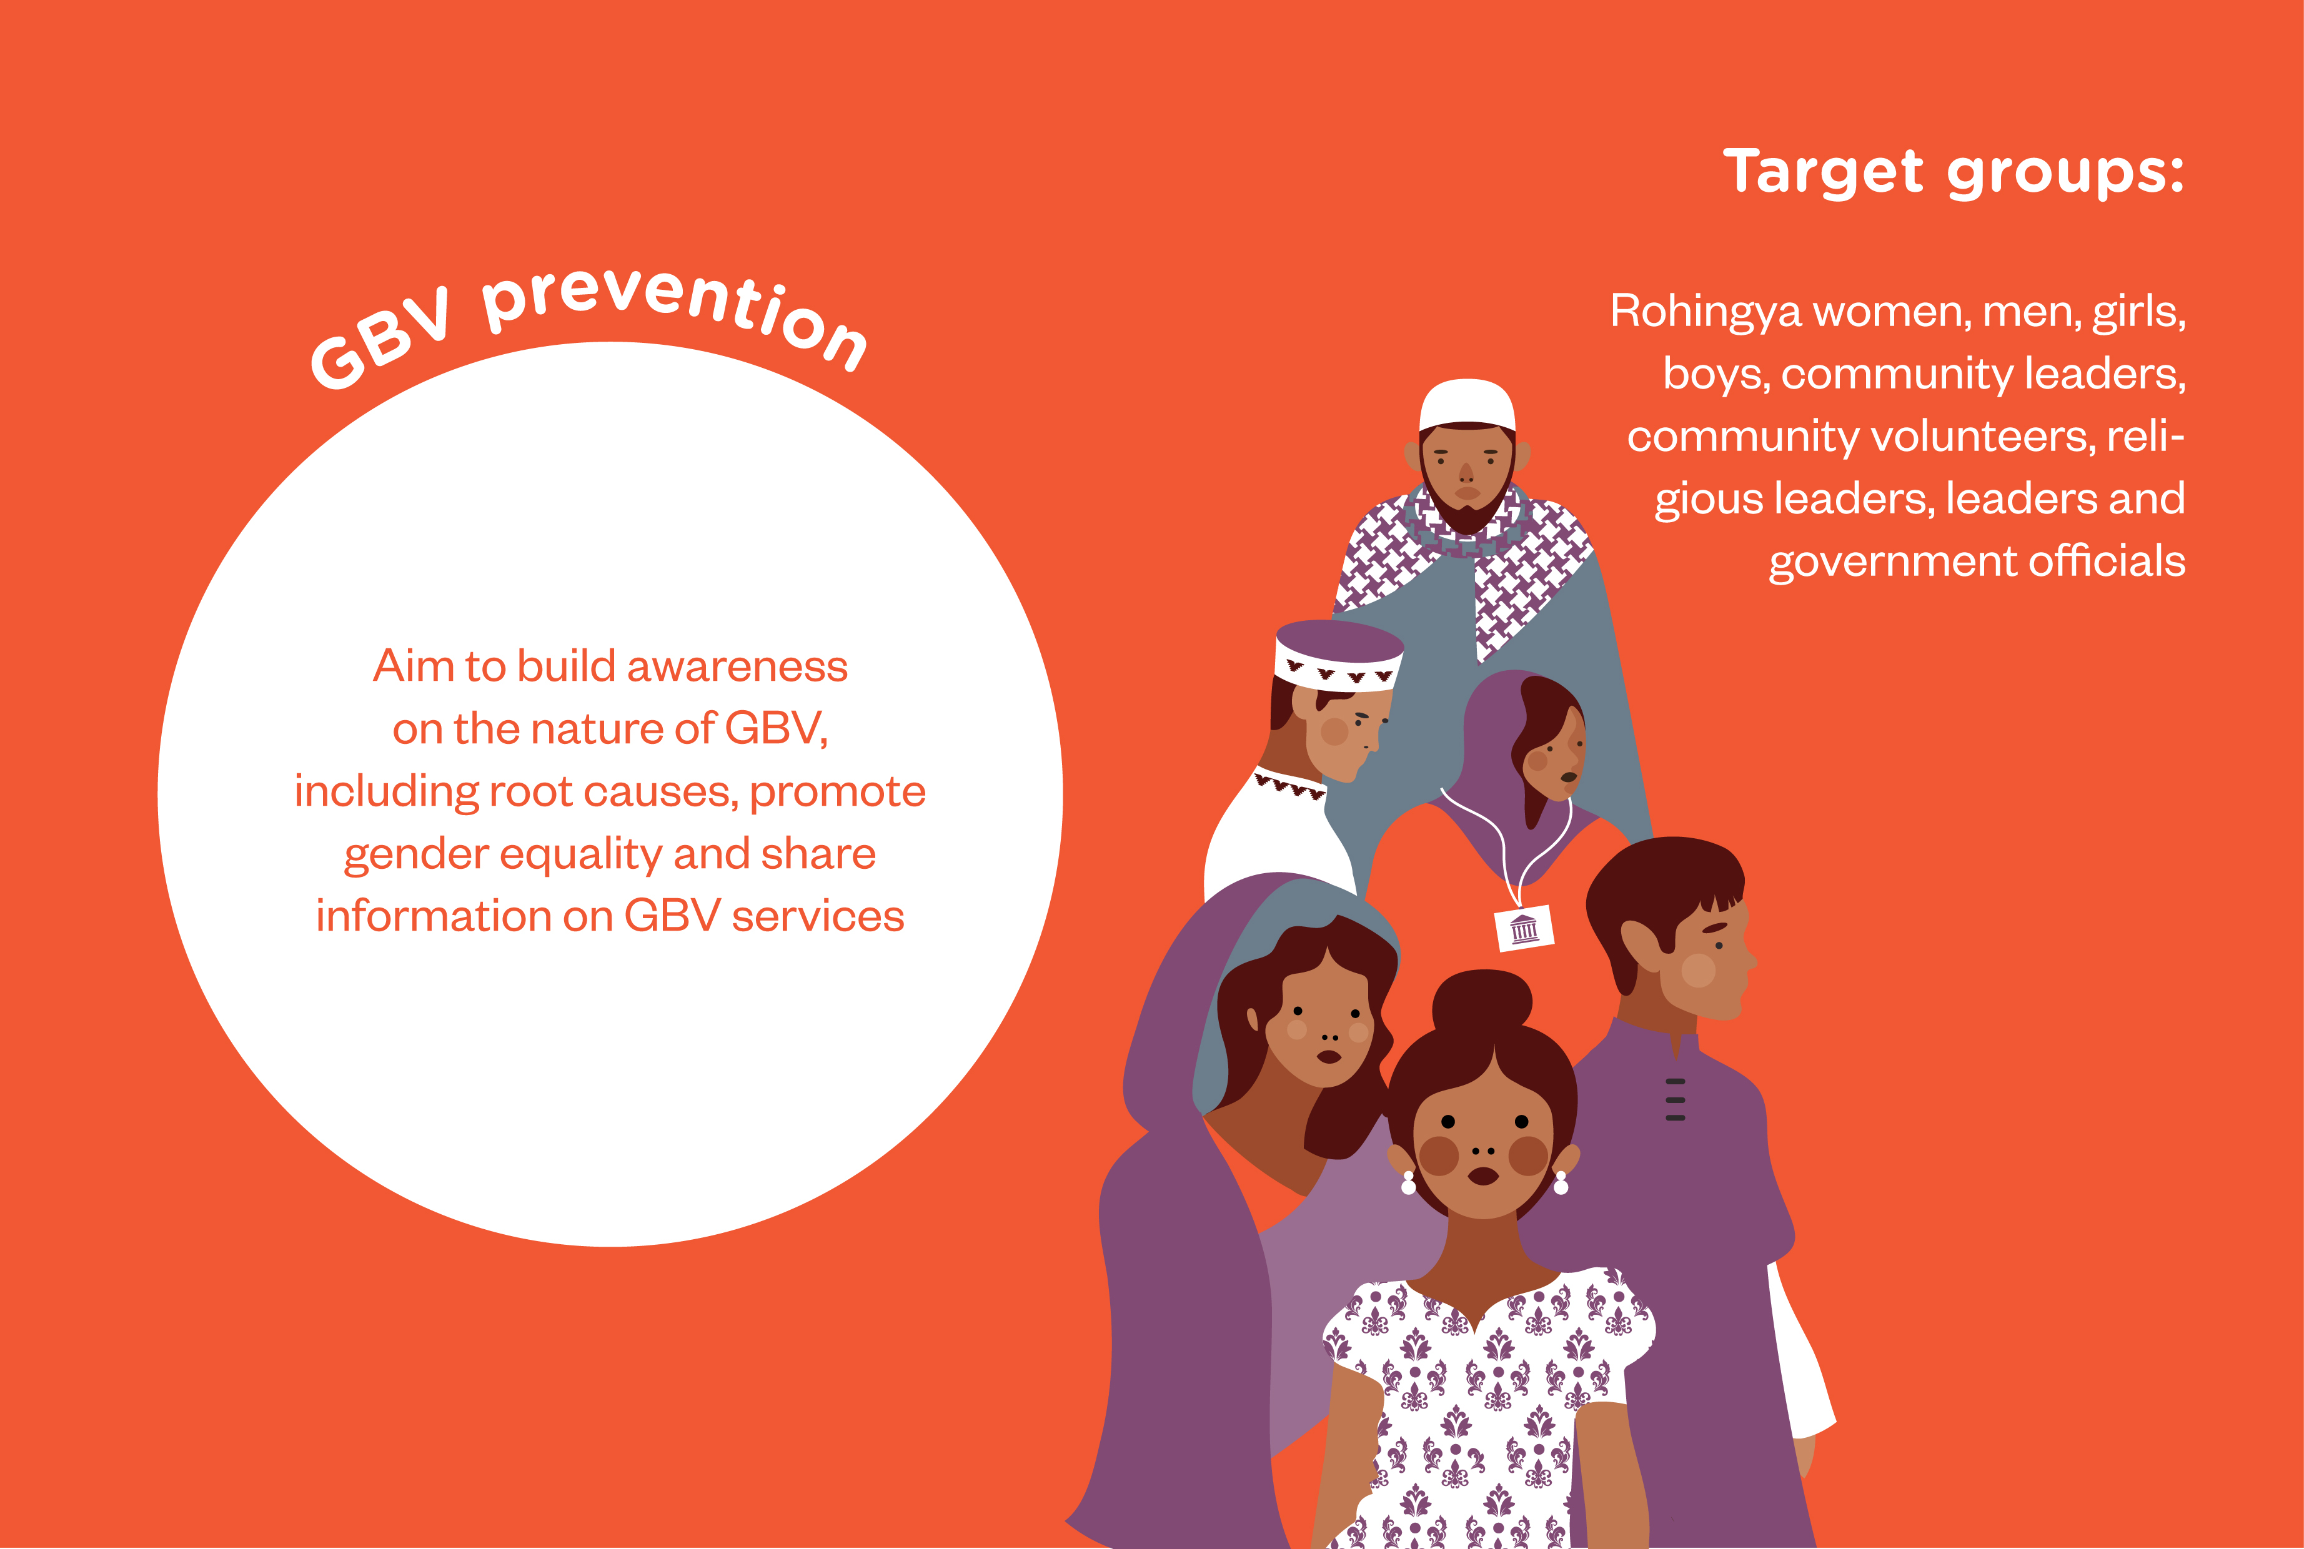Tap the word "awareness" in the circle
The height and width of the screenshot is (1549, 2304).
(737, 667)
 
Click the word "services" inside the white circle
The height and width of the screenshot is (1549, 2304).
(818, 917)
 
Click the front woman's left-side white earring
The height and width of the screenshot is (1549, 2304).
(1409, 1182)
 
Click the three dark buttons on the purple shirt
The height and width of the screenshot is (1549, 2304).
(1675, 1099)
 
